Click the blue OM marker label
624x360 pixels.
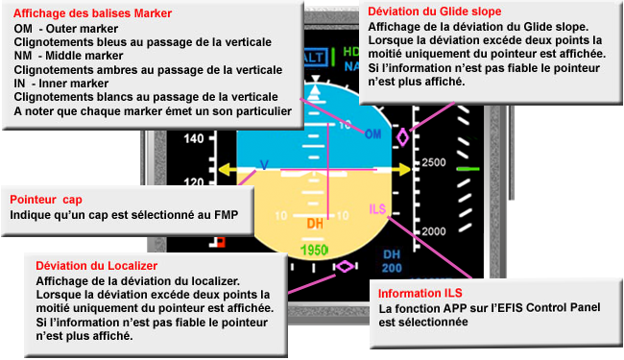coord(372,134)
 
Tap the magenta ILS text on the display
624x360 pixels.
coord(377,209)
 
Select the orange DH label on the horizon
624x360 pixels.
coord(315,224)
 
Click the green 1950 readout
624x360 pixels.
coord(314,251)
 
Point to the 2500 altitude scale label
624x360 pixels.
coord(434,162)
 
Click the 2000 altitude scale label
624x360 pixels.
coord(434,231)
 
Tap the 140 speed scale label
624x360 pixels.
coord(194,139)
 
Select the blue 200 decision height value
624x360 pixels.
coord(392,268)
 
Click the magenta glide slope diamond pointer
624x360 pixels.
coord(403,137)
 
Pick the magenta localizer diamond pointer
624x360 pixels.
coord(345,266)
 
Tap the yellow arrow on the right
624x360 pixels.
coord(401,170)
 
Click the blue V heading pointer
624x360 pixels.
coord(264,165)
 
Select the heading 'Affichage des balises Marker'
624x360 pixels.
coord(93,13)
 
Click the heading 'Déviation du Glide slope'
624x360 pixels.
coord(435,12)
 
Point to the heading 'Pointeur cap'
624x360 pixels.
coord(46,200)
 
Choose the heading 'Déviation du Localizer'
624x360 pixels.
coord(97,266)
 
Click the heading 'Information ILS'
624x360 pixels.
coord(420,293)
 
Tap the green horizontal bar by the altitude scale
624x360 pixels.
coord(468,169)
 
